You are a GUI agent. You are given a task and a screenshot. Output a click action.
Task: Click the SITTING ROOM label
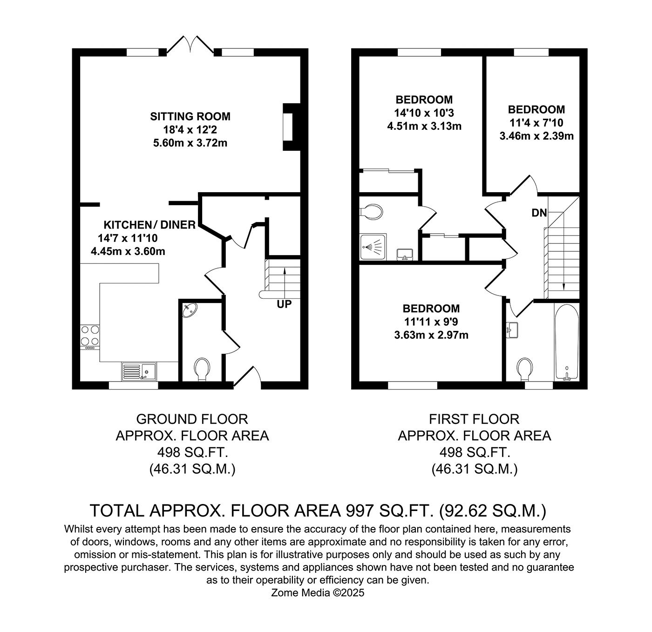pos(190,116)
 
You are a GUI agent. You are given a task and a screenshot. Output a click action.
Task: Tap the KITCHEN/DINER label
pos(149,225)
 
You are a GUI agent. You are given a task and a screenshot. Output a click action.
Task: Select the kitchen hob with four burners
pos(90,336)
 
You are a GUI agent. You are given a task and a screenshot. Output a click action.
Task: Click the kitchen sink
pos(140,371)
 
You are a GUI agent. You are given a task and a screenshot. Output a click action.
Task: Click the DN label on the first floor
pos(539,213)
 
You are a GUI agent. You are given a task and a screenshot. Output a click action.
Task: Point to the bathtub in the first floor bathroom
pos(566,342)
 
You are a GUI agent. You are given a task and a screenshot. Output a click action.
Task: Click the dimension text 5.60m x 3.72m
pos(190,143)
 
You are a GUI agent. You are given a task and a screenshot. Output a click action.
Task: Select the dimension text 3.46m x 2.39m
pos(536,136)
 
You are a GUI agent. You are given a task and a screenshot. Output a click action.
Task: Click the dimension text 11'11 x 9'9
pos(431,322)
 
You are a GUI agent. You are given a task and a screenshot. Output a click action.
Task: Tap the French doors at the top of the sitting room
pos(190,44)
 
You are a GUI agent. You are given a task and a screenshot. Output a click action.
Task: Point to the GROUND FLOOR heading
pos(192,419)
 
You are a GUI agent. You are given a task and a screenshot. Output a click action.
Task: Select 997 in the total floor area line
pos(358,511)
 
